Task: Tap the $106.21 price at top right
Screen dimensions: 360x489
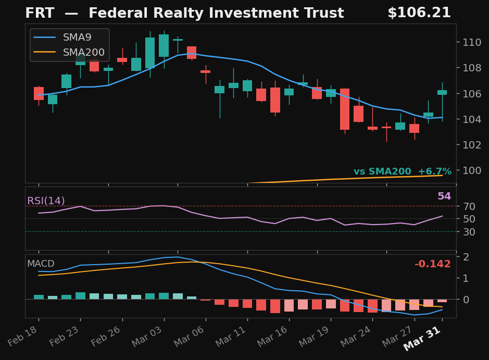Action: [419, 13]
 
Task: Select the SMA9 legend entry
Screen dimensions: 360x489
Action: [77, 37]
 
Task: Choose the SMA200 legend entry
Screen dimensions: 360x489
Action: [83, 52]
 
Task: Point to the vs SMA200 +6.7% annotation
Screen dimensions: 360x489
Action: [402, 172]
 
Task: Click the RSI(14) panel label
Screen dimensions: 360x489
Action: [46, 201]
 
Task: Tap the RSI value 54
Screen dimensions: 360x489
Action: [444, 196]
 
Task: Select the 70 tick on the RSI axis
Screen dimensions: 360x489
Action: [468, 206]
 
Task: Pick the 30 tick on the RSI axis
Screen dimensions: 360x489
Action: [468, 232]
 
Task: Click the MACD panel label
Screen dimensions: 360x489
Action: [41, 264]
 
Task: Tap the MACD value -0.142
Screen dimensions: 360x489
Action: [432, 264]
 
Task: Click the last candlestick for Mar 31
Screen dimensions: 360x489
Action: [442, 92]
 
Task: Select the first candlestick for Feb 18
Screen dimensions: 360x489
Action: [39, 93]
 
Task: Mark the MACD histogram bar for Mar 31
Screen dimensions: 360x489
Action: [442, 301]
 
